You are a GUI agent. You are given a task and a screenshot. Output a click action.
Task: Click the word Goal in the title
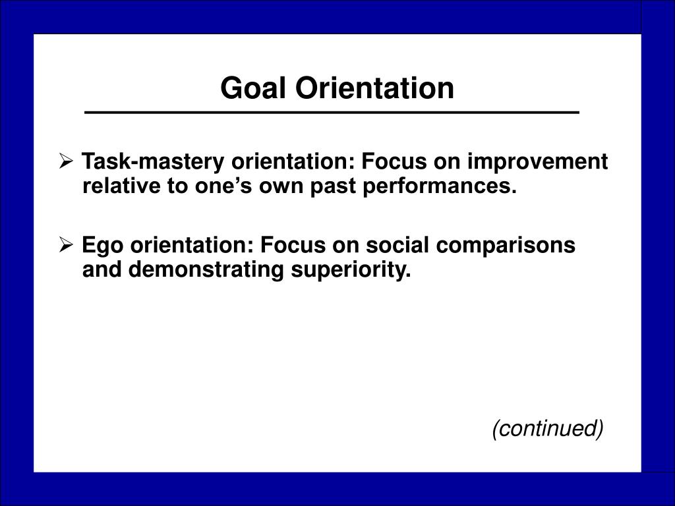253,88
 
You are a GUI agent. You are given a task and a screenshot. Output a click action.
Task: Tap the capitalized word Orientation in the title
374,88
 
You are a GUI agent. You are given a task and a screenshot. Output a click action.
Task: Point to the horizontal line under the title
332,113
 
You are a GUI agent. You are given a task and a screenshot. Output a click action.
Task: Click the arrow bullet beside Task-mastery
66,161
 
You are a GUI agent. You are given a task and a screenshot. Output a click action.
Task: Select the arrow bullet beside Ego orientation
66,245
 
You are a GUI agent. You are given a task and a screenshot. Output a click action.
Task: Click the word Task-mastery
153,162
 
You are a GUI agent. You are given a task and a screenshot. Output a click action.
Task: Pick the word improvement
538,162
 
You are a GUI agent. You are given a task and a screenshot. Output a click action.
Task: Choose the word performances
439,186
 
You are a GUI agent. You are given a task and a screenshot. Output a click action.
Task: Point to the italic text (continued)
548,428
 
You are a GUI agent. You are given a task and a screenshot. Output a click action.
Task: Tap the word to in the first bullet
177,186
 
